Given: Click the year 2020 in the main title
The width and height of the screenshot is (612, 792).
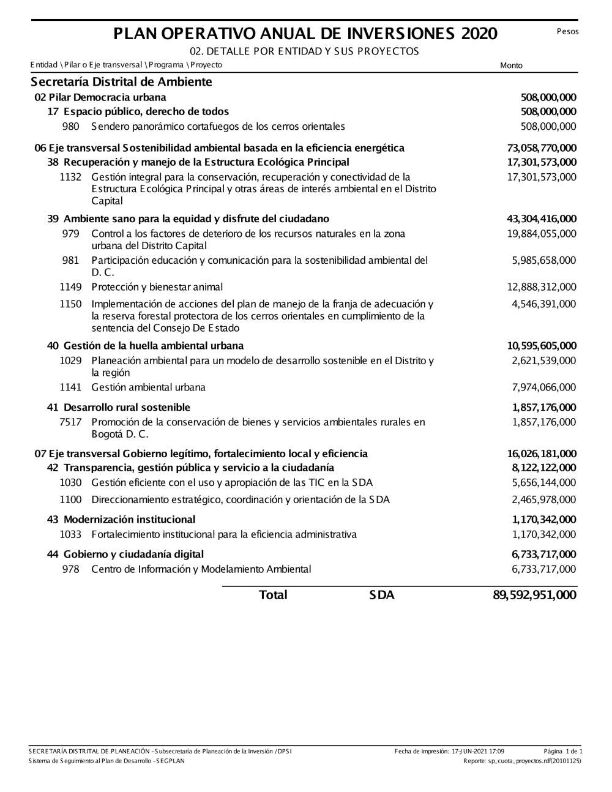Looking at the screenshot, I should coord(479,34).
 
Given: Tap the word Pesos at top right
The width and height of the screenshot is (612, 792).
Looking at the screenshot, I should coord(567,31).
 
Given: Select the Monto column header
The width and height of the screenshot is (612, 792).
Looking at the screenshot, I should coord(511,65).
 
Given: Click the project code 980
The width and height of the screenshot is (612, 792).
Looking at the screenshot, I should coord(71,127).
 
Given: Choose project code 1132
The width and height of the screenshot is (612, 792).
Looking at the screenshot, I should coord(70,177).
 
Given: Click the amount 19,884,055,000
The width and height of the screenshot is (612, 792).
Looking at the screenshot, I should coord(542,233).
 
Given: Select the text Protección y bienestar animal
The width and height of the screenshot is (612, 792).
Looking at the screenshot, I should coord(157,287).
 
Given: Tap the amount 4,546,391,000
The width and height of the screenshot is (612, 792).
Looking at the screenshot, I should coord(544,304).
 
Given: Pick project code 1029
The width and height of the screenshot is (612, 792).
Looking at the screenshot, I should coord(70,361).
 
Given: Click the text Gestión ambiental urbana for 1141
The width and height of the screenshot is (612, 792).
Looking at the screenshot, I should coord(148,387).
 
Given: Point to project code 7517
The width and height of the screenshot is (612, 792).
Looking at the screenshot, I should coord(70,422).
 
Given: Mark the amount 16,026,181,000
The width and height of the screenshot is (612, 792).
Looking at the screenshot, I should coord(542,454).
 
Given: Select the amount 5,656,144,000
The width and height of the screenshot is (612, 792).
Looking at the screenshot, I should coord(544,483).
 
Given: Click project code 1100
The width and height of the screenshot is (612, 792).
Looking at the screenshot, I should coord(70,499).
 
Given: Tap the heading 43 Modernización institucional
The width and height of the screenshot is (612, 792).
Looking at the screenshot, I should coord(121,520).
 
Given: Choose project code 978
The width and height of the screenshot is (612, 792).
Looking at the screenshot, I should coord(71,569).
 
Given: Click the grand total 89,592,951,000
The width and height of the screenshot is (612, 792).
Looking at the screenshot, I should coord(534,595).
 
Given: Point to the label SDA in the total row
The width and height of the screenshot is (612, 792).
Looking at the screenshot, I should coord(382,595).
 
